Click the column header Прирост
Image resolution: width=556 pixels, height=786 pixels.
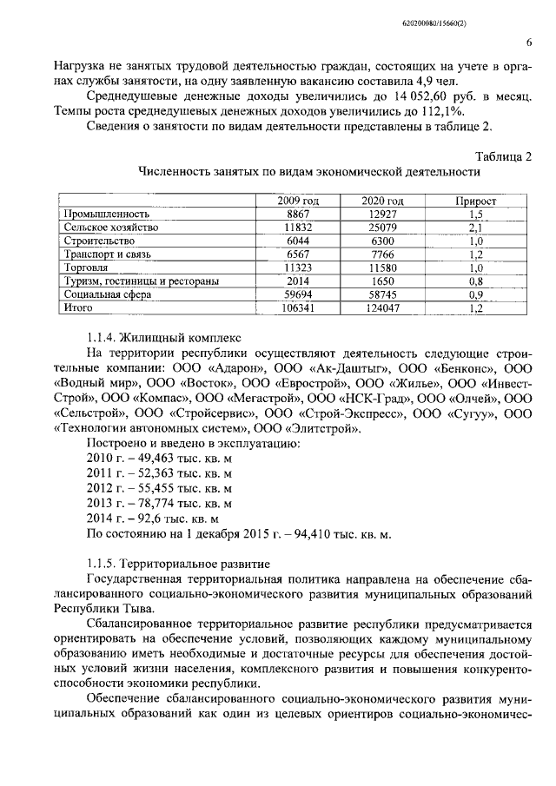(x=475, y=201)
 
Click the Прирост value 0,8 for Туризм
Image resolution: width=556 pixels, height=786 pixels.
(x=475, y=281)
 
